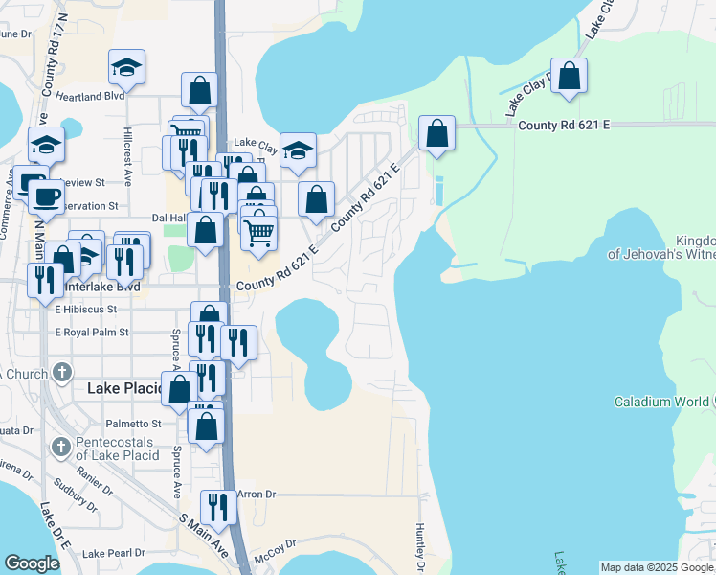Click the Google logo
[32, 563]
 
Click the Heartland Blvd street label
[90, 96]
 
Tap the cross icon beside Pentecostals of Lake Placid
[60, 447]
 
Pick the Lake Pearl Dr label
[113, 553]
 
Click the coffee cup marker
[46, 196]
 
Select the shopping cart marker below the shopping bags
[258, 231]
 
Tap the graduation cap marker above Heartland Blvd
[126, 67]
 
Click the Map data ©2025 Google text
[657, 567]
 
